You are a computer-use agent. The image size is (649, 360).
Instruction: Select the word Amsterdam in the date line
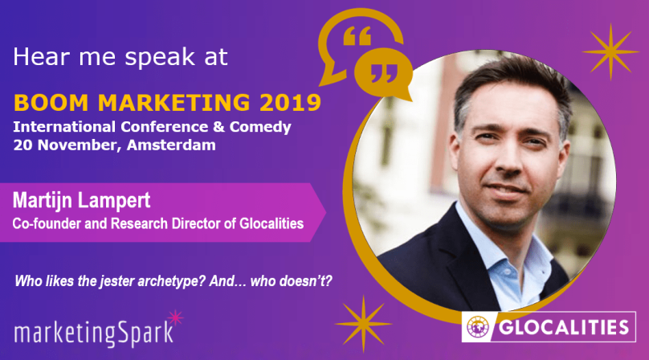(x=171, y=145)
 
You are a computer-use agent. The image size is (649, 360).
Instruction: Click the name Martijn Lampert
(x=82, y=201)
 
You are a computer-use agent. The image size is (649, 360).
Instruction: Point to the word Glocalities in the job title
(x=271, y=223)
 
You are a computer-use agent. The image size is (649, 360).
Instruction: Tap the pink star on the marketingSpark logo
(x=176, y=317)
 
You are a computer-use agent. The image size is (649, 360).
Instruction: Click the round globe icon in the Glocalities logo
(x=478, y=327)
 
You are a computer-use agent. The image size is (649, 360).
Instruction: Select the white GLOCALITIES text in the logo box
(x=564, y=327)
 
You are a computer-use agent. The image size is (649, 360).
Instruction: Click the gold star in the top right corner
(x=611, y=51)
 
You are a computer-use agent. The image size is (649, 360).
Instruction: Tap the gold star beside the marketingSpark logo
(x=363, y=324)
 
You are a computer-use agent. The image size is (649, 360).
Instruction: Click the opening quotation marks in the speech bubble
(x=357, y=36)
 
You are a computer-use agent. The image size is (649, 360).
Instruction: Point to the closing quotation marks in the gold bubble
(x=384, y=73)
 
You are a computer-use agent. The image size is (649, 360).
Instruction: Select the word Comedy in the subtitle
(x=260, y=127)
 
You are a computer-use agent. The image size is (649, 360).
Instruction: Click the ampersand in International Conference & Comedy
(x=219, y=127)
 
